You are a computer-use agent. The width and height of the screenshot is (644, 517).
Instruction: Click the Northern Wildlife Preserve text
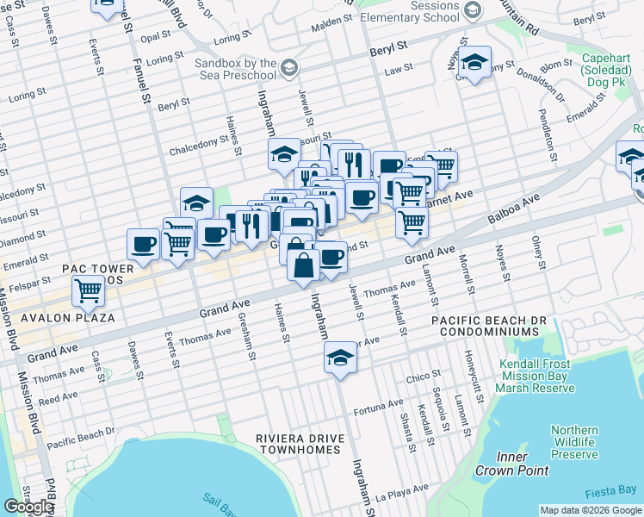coord(574,442)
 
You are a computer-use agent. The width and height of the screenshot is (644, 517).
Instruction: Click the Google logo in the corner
coord(28,507)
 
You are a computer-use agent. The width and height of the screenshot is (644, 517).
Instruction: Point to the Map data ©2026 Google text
coord(591,510)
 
